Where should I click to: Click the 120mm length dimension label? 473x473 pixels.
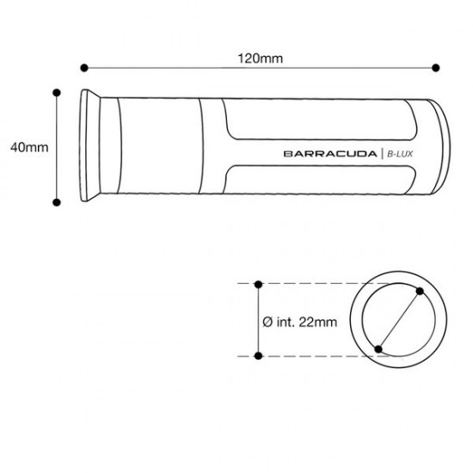pyautogui.click(x=261, y=58)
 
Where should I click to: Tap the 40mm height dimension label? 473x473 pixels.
pyautogui.click(x=29, y=148)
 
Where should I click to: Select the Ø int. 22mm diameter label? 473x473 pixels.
pyautogui.click(x=300, y=322)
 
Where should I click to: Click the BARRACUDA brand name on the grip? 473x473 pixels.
pyautogui.click(x=330, y=154)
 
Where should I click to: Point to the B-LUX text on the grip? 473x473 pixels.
pyautogui.click(x=400, y=154)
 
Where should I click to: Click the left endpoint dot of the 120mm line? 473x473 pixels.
pyautogui.click(x=84, y=68)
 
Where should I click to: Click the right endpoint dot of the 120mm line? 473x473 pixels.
pyautogui.click(x=436, y=68)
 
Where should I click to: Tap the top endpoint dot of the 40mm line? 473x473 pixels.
pyautogui.click(x=57, y=93)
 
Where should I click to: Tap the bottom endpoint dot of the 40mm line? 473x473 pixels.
pyautogui.click(x=57, y=202)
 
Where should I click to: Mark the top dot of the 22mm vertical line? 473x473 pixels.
pyautogui.click(x=258, y=284)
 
